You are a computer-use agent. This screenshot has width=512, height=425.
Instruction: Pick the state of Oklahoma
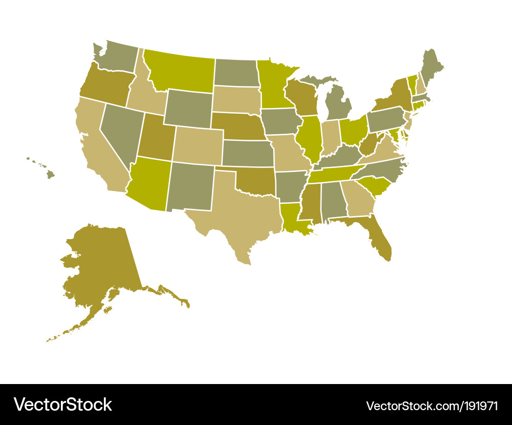click(x=253, y=182)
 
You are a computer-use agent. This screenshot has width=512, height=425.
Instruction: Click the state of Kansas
click(x=248, y=153)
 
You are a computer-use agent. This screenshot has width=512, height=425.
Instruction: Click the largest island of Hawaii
click(x=50, y=175)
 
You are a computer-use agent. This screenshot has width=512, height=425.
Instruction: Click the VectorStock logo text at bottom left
click(x=62, y=405)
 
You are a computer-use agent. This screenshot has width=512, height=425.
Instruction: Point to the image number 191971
click(x=478, y=406)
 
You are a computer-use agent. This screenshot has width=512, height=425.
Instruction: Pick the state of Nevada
click(x=120, y=131)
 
